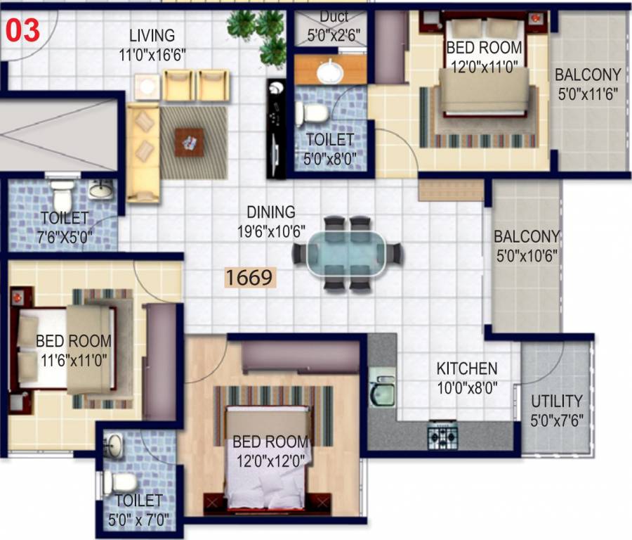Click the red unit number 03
[x=23, y=31]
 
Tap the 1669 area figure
[x=249, y=278]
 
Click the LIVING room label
[x=152, y=36]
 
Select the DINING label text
[x=271, y=212]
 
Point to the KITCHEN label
[x=467, y=368]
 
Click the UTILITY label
[x=557, y=401]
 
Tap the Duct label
[x=334, y=17]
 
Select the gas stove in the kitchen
[x=442, y=435]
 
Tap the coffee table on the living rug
[x=189, y=143]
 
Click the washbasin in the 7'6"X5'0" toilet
[x=101, y=189]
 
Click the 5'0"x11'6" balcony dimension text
[x=588, y=94]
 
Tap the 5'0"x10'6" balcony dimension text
[x=527, y=256]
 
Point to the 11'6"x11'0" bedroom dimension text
[x=74, y=361]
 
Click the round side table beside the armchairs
[x=147, y=86]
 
